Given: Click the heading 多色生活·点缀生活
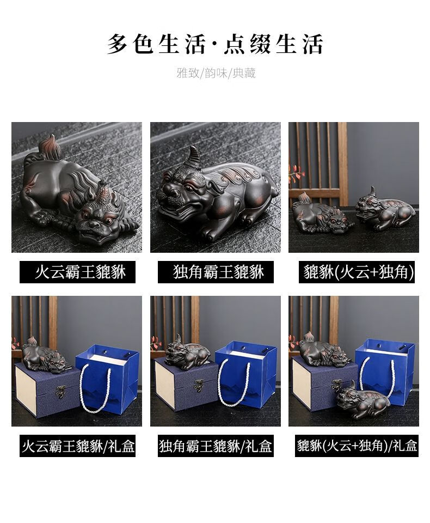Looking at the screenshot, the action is (x=215, y=44).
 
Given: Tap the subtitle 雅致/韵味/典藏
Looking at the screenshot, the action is (x=216, y=72).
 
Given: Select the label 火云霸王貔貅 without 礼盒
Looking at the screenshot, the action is (x=81, y=272).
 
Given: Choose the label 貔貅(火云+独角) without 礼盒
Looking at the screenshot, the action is (x=358, y=272).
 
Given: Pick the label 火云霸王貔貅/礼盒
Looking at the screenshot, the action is (x=78, y=446).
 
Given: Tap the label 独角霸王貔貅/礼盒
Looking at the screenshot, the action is (x=216, y=446).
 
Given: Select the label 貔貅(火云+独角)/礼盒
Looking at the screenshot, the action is (x=357, y=446).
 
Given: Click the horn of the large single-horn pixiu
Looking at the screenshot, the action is (x=195, y=156).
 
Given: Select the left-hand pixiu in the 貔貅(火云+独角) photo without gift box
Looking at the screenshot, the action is (x=322, y=213).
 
